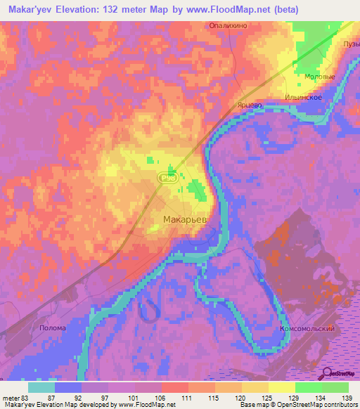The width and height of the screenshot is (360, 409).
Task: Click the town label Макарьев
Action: pyautogui.click(x=184, y=220)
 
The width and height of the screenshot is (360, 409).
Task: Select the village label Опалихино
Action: pyautogui.click(x=226, y=25)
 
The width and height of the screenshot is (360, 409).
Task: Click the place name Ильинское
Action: pyautogui.click(x=304, y=97)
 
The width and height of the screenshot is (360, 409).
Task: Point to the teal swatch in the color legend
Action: pyautogui.click(x=41, y=387)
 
